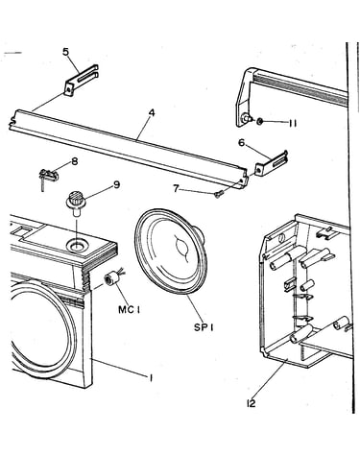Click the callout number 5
pos(65,52)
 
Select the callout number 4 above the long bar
pos(152,112)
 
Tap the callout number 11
pos(292,123)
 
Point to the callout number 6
pos(242,143)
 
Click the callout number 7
pos(176,188)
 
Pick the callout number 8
pos(75,161)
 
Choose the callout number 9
pos(116,184)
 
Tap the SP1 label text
pos(204,327)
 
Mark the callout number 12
pos(252,403)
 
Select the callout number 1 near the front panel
pos(151,378)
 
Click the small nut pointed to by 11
pos(260,121)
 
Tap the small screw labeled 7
pos(219,194)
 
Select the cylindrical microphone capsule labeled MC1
pos(111,278)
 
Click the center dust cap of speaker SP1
pos(180,247)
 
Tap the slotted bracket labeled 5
pos(81,80)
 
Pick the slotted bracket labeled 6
pos(271,162)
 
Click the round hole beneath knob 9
pos(77,247)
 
